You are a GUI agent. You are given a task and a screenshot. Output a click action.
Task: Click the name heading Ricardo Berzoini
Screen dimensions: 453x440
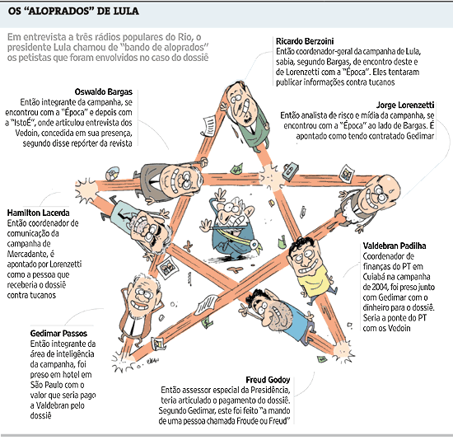pos(305,41)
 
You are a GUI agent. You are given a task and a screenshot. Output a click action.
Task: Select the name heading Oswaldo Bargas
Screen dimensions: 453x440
pos(104,91)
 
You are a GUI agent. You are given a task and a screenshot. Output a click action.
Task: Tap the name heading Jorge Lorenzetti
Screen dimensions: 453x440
pos(405,105)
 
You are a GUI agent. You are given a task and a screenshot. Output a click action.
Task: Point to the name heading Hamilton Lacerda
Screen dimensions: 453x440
pos(38,213)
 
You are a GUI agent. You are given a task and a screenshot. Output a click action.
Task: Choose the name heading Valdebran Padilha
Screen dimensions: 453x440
pos(395,246)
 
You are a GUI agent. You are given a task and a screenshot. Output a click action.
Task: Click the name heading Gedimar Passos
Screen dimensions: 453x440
pos(58,334)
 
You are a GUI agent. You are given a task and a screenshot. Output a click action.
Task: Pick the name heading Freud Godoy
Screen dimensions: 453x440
pos(268,380)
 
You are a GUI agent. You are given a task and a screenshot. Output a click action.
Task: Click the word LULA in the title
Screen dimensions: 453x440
pos(126,11)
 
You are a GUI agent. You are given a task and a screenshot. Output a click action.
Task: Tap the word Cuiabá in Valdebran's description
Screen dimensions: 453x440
pos(375,277)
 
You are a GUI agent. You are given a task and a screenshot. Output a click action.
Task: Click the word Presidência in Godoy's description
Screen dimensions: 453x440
pos(270,390)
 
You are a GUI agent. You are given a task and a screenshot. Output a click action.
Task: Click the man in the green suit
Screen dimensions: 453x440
pos(247,115)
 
